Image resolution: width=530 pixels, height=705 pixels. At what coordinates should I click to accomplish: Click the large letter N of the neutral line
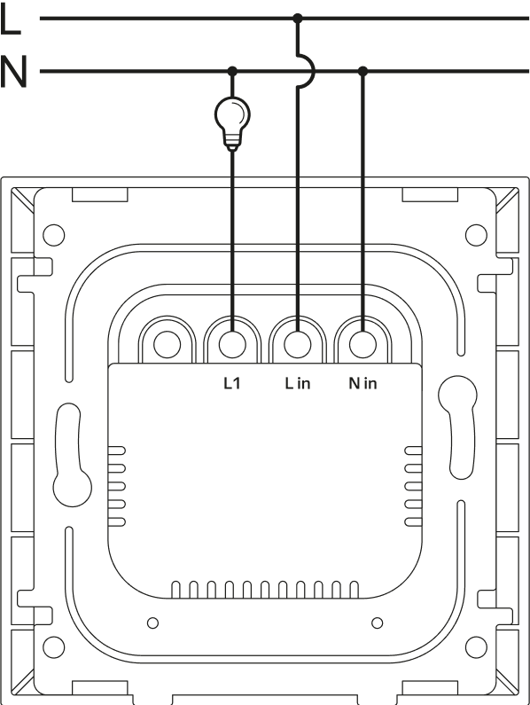coord(13,71)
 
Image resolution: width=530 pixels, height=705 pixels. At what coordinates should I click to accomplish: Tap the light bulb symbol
coord(232,122)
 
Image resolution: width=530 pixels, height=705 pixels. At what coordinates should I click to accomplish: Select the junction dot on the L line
coord(297,19)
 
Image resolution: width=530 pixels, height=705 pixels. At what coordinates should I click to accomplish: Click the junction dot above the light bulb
coord(232,71)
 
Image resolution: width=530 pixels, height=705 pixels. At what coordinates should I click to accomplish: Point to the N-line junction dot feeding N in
coord(362,71)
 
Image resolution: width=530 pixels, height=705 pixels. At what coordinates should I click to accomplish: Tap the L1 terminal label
coord(232,383)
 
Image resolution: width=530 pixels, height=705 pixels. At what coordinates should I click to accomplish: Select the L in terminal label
coord(298,383)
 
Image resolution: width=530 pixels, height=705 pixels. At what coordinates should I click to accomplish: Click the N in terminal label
coord(362,383)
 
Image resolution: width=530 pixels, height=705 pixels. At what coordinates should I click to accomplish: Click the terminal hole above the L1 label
coord(232,345)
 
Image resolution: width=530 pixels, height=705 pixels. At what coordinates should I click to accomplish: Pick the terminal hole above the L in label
coord(298,345)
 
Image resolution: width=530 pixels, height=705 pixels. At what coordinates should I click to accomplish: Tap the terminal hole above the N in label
coord(362,345)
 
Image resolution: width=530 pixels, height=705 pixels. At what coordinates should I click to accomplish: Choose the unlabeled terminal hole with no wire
coord(167,345)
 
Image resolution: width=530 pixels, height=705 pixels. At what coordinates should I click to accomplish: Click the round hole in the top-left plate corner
coord(53,235)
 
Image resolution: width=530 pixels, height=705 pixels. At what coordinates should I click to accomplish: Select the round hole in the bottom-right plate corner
coord(476,647)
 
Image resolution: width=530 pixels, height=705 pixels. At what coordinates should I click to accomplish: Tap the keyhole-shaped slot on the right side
coord(458,427)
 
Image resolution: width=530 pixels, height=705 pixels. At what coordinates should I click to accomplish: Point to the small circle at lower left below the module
coord(152,623)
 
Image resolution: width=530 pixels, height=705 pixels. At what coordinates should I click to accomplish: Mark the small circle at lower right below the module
coord(378,623)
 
